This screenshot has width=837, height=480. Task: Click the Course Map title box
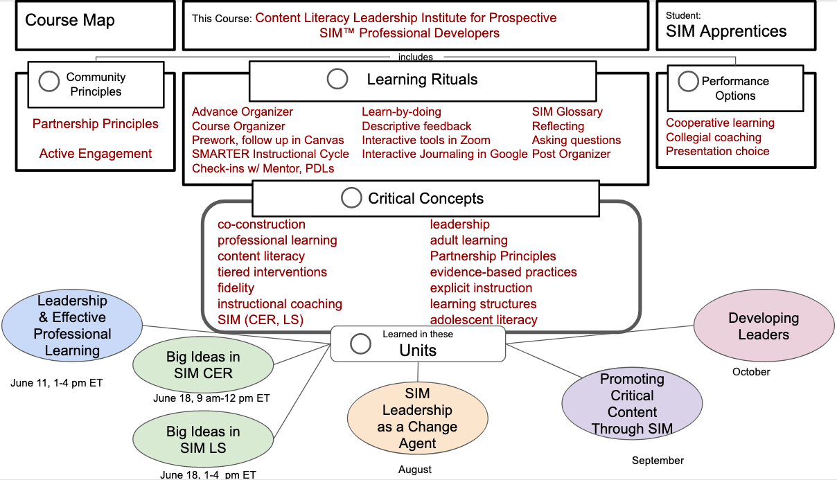pos(95,26)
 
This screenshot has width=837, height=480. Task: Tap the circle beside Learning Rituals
pos(337,79)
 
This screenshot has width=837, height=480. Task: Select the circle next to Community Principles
pos(49,82)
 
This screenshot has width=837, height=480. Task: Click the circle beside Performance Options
pos(688,82)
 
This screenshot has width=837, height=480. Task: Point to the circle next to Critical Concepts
pos(351,198)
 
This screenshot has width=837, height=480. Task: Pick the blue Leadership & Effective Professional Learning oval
pos(72,326)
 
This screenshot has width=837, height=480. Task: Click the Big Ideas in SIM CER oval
pos(203,365)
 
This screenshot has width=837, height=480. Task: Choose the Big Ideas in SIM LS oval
pos(203,440)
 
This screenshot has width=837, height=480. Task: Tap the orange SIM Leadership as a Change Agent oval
pos(417,418)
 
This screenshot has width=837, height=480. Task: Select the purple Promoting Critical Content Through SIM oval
pos(631,404)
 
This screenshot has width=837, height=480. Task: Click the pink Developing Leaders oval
pos(764,326)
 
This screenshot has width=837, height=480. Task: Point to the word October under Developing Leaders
pos(751,372)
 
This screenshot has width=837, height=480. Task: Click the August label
pos(415,470)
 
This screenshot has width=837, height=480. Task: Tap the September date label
pos(658,461)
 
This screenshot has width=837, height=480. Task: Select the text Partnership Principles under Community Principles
pos(96,124)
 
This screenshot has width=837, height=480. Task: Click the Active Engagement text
pos(96,154)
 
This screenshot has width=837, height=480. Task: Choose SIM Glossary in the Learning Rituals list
pos(567,112)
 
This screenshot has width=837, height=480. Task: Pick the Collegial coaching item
pos(713,137)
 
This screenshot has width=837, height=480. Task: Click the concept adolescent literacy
pos(484,320)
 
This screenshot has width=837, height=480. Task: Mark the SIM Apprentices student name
pos(726,31)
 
